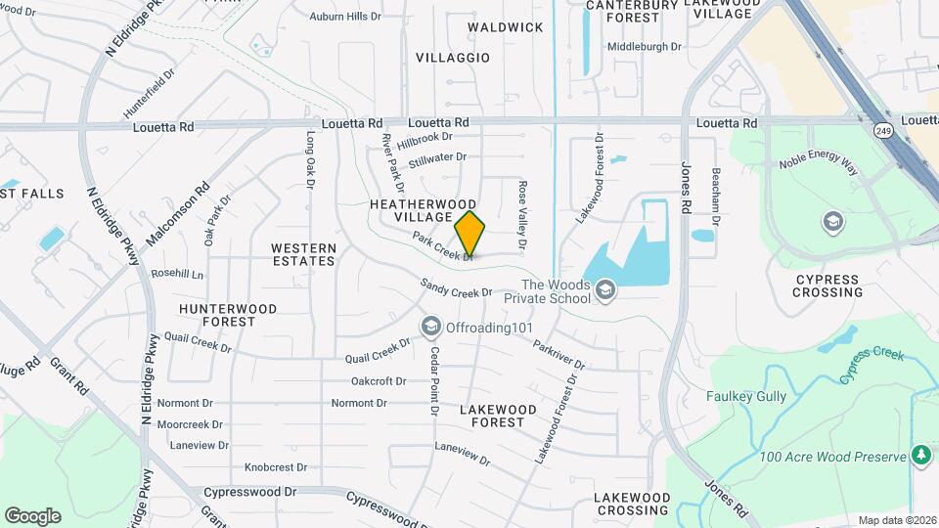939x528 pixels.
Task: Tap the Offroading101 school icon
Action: pyautogui.click(x=430, y=326)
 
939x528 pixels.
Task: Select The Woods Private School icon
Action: pyautogui.click(x=605, y=289)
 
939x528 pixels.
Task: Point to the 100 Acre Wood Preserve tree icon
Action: pyautogui.click(x=920, y=455)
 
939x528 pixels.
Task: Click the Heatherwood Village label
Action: pyautogui.click(x=411, y=209)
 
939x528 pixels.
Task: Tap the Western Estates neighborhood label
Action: pyautogui.click(x=303, y=254)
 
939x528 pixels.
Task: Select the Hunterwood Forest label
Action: pyautogui.click(x=228, y=315)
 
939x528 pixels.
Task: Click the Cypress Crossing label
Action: pyautogui.click(x=827, y=286)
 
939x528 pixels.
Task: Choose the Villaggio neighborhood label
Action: pyautogui.click(x=453, y=58)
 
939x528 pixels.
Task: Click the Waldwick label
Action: pyautogui.click(x=505, y=27)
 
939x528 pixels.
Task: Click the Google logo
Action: pyautogui.click(x=32, y=515)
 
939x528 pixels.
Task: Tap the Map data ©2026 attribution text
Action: pyautogui.click(x=896, y=520)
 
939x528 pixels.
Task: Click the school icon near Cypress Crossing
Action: pyautogui.click(x=833, y=221)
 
